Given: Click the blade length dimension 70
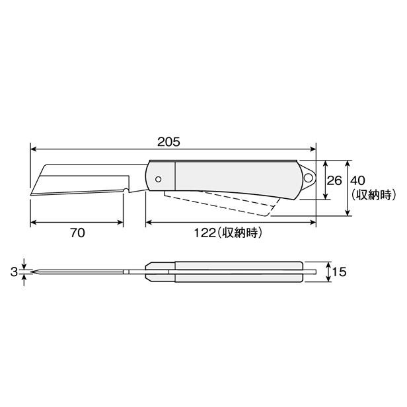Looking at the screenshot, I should [77, 232].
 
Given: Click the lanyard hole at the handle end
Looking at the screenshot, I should [308, 177].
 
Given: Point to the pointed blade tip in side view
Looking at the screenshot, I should [32, 194].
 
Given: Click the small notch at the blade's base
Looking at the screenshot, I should [125, 192].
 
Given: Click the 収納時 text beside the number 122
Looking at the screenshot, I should [239, 232].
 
